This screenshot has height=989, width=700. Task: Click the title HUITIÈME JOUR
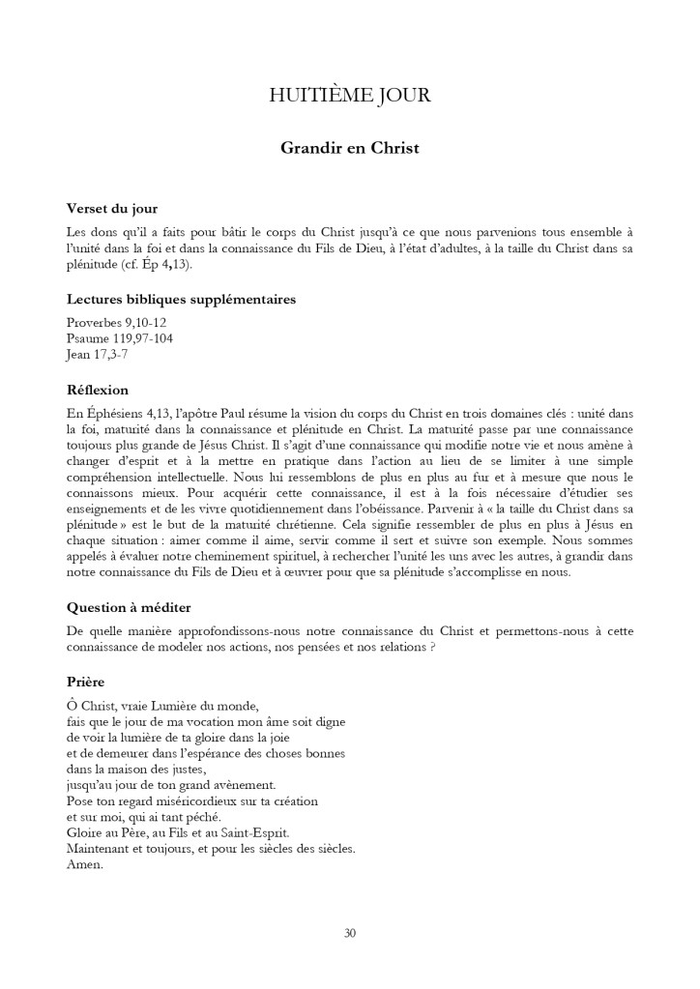click(349, 96)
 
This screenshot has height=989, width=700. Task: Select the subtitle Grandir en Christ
click(349, 149)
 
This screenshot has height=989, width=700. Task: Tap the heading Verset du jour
click(111, 208)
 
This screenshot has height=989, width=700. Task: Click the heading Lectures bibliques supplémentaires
click(181, 299)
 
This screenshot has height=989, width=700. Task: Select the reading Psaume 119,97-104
click(120, 337)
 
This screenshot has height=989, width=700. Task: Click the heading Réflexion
click(97, 390)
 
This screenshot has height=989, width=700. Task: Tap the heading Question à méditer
click(128, 607)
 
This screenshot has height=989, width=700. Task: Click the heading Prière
click(85, 682)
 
